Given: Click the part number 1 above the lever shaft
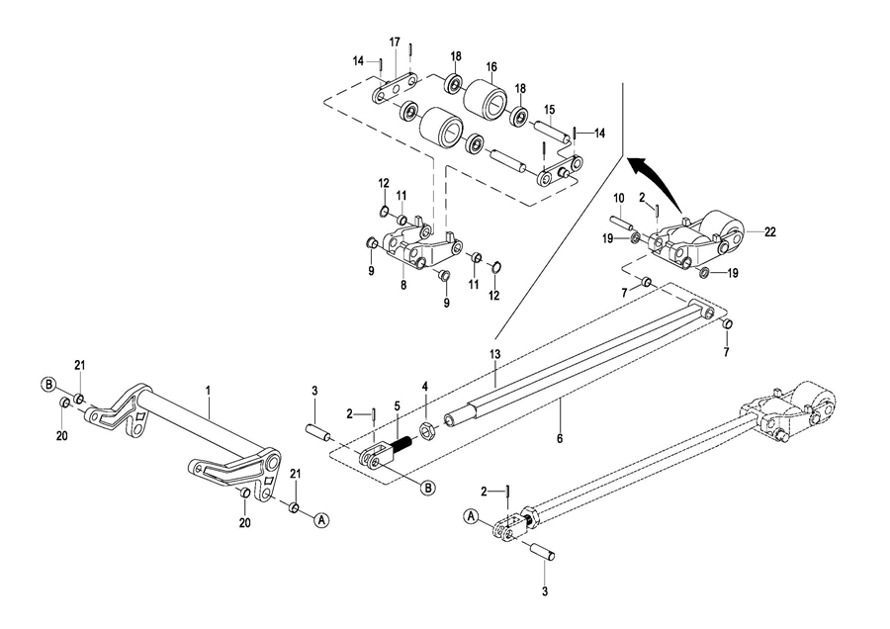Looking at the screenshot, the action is click(x=208, y=391).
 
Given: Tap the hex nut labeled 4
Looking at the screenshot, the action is click(x=427, y=430).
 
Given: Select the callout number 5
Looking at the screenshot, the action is click(x=397, y=405).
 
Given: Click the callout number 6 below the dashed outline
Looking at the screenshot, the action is click(x=560, y=438).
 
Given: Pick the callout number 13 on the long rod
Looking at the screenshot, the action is click(x=495, y=354).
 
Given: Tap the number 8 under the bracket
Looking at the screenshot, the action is click(x=403, y=286).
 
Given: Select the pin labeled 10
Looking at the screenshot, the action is click(x=622, y=221).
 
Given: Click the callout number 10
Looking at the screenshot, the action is click(x=619, y=198).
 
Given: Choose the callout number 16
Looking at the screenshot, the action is click(x=490, y=67).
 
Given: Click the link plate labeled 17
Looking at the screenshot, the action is click(x=394, y=89).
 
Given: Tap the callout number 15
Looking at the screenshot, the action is click(x=550, y=109).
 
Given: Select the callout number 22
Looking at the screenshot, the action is click(x=770, y=231).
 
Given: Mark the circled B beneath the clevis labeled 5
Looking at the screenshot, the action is click(x=427, y=487).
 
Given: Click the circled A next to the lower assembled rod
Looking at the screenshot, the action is click(x=470, y=516).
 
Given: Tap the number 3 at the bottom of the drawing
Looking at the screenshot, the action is click(x=544, y=592).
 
